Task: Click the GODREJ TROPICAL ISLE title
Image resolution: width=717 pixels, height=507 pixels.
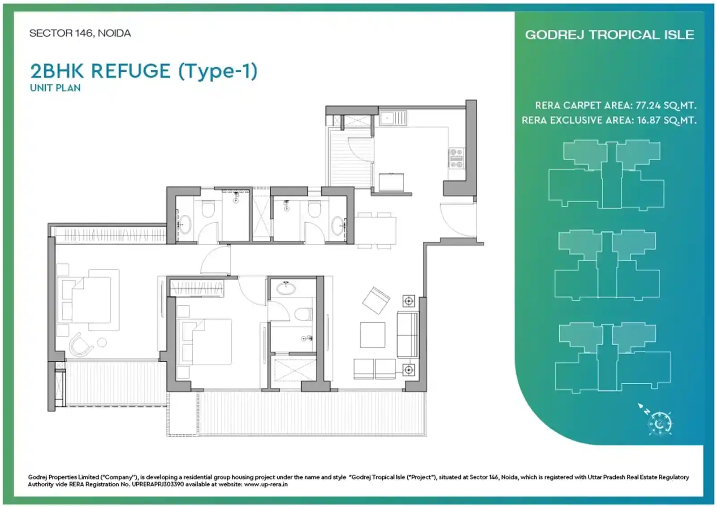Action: click(x=609, y=35)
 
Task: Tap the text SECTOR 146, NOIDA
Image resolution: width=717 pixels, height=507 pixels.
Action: click(x=80, y=33)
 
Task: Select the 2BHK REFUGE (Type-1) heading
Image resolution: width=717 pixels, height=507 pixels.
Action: click(x=144, y=71)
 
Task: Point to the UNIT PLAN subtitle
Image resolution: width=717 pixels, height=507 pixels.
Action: click(x=56, y=88)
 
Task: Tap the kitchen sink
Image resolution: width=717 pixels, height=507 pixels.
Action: click(x=393, y=118)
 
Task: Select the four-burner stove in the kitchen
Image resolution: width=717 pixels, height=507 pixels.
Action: click(x=456, y=158)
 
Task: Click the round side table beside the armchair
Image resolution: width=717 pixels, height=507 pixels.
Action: click(x=102, y=342)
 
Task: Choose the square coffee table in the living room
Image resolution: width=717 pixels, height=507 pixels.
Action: click(x=372, y=335)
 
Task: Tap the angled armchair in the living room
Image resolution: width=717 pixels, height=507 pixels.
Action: click(x=376, y=300)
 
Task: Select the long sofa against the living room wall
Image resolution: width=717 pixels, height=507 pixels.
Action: click(x=407, y=335)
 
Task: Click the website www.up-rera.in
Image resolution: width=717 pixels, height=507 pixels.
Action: click(x=266, y=484)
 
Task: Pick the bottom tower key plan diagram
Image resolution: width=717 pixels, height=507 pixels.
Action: click(x=613, y=357)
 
